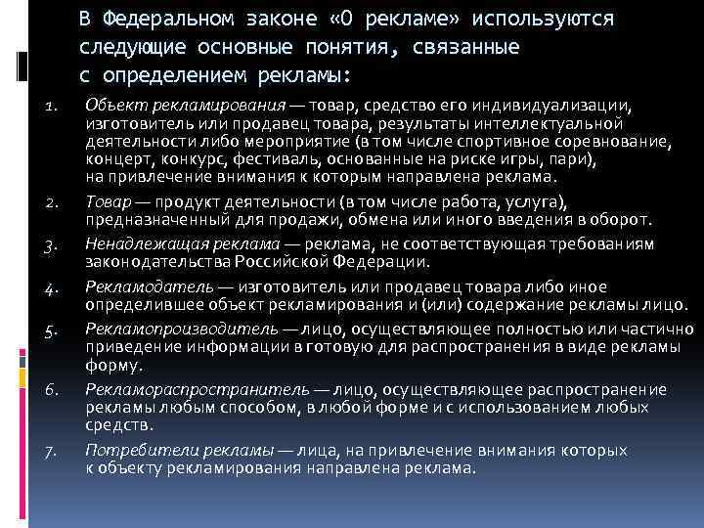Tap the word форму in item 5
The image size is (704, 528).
point(111,367)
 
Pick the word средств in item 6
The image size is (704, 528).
point(118,425)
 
